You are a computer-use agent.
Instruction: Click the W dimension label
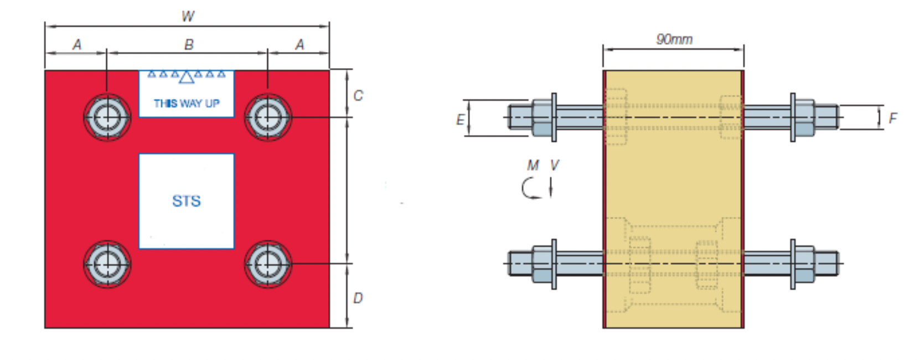coord(188,16)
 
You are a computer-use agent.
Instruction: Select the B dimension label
coord(189,44)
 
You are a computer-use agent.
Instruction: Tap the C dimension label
coord(358,95)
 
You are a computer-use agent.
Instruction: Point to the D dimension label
coord(358,298)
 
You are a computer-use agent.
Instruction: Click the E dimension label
coord(460,119)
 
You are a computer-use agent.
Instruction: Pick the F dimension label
coord(892,118)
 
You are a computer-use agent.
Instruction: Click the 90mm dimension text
coord(674,39)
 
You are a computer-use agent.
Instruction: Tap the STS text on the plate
coord(186,200)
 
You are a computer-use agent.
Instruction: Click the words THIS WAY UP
coord(187,104)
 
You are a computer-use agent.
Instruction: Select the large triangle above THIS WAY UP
coord(187,77)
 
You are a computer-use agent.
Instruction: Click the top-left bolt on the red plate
coord(107,117)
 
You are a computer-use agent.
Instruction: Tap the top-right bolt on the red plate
coord(268,117)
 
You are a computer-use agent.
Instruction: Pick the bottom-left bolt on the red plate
coord(107,264)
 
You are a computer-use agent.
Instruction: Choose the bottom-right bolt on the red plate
coord(268,264)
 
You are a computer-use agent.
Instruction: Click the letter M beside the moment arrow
coord(533,165)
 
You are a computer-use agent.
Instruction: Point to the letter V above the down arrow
coord(554,165)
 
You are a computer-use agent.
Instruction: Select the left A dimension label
coord(77,44)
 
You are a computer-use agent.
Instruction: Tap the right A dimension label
coord(300,44)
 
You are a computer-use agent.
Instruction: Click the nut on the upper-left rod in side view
coord(543,118)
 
